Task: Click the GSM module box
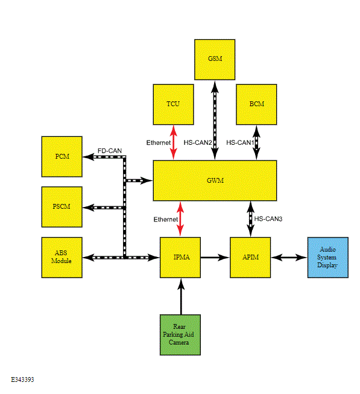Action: [215, 60]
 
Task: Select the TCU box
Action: [173, 104]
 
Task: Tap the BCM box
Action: [256, 104]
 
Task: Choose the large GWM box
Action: [215, 180]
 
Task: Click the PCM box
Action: [62, 156]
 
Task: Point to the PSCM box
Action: [62, 207]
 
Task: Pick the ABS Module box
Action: [62, 257]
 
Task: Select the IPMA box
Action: [180, 257]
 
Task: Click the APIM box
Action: [250, 257]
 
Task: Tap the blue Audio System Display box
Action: [328, 257]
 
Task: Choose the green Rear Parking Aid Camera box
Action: [180, 335]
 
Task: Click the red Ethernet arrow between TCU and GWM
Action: [173, 142]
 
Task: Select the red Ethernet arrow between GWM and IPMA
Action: [180, 219]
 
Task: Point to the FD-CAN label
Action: [110, 151]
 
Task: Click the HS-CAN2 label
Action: [198, 142]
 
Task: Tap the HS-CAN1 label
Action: [240, 142]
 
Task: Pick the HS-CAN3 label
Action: [268, 219]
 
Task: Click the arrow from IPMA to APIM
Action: [215, 257]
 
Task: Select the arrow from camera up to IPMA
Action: [181, 296]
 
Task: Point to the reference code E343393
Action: [22, 380]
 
